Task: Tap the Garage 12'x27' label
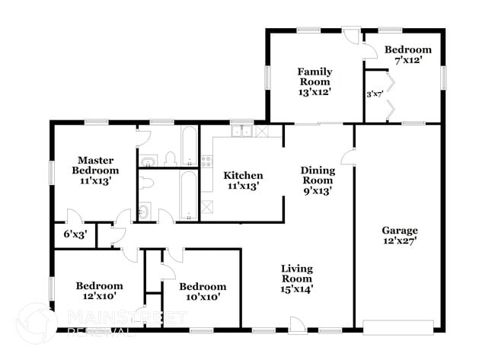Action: tap(399, 235)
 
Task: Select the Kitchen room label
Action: tap(243, 180)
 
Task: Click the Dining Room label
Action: tap(317, 180)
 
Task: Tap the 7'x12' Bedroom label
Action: tap(403, 55)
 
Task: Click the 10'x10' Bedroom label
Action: tap(203, 292)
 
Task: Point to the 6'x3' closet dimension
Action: tap(74, 235)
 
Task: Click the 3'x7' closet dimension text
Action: tap(374, 94)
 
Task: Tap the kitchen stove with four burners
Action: tap(206, 161)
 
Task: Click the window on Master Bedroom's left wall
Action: tap(51, 171)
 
